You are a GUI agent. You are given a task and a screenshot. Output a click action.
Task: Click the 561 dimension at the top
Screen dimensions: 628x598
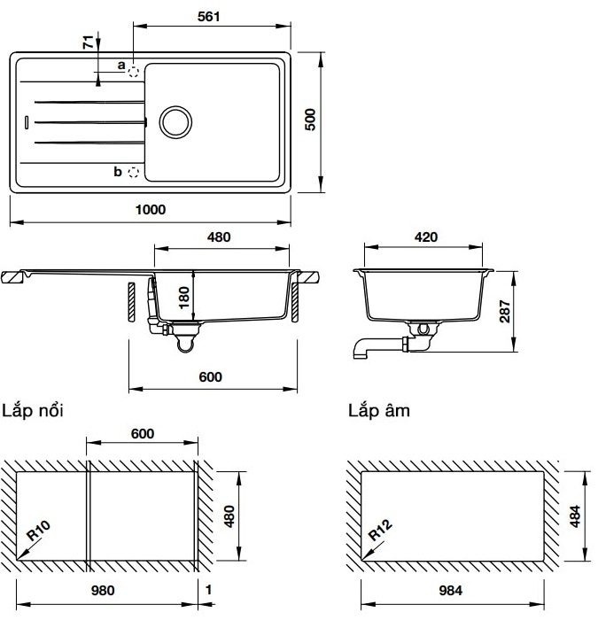click(209, 16)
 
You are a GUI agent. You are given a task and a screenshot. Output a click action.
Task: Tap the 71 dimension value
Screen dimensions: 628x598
click(86, 41)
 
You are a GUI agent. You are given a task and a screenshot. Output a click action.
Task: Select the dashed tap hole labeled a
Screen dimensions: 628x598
click(134, 71)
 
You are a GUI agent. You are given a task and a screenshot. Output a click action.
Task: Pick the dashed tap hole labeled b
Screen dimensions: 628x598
click(134, 171)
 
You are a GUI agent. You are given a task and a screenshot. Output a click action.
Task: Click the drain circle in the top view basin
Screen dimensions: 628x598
click(174, 121)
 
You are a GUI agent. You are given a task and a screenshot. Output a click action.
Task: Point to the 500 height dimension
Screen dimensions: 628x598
click(311, 120)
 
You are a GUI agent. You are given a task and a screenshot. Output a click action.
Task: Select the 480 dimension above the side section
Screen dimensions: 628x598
click(219, 236)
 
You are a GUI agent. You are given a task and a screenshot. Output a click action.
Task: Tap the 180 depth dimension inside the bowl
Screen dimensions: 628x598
click(184, 295)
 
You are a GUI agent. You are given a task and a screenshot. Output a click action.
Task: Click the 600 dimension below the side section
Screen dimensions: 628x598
click(210, 376)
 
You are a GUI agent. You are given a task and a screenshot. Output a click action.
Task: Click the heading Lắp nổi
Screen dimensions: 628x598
click(33, 411)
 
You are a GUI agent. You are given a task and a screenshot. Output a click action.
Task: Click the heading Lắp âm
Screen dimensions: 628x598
click(379, 411)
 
